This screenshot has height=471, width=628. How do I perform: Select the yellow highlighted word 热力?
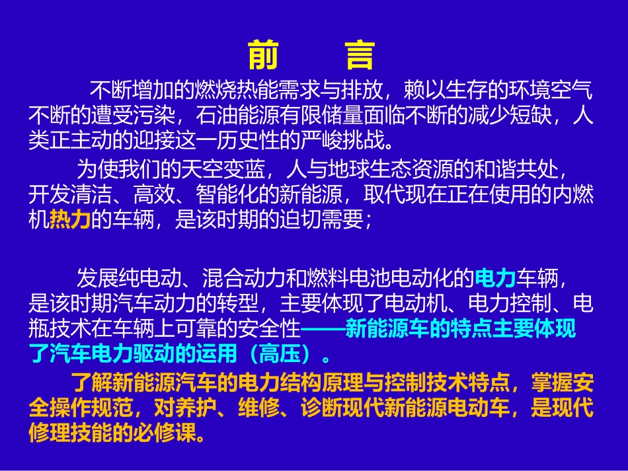click(x=69, y=221)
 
